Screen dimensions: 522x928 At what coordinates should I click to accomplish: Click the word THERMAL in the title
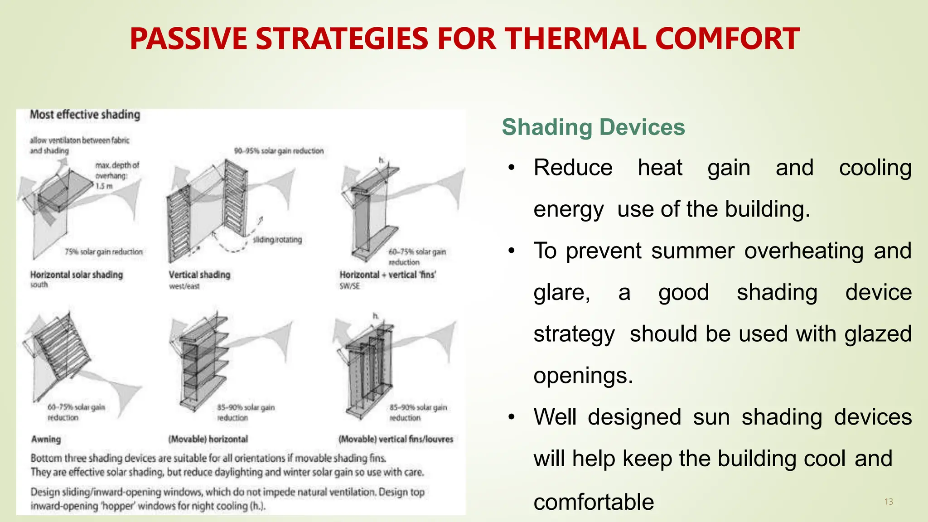click(575, 39)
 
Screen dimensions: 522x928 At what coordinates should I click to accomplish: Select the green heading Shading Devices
click(593, 127)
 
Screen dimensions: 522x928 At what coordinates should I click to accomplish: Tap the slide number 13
click(889, 502)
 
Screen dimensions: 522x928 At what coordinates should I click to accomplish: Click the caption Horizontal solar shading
click(76, 275)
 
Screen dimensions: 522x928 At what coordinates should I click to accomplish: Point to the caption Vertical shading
click(199, 275)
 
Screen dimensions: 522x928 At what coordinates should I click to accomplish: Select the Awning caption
click(46, 439)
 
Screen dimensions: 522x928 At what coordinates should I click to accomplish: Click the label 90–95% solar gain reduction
click(279, 151)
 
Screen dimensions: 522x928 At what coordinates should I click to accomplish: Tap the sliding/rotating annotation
click(277, 239)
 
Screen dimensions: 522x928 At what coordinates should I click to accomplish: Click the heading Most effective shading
click(85, 115)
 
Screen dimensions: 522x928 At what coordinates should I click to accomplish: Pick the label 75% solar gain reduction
click(103, 251)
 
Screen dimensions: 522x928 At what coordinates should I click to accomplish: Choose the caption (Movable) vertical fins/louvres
click(396, 439)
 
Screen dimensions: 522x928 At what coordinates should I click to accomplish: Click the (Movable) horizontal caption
click(208, 439)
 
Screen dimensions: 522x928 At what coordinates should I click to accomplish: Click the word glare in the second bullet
click(561, 293)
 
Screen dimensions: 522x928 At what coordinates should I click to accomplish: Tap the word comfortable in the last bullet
click(594, 502)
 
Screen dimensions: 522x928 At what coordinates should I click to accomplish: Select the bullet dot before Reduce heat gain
click(512, 168)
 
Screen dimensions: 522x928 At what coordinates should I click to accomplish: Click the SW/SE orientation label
click(349, 286)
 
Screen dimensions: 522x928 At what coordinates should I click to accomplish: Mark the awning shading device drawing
click(61, 349)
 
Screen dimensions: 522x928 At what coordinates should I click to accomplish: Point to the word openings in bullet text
click(583, 376)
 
